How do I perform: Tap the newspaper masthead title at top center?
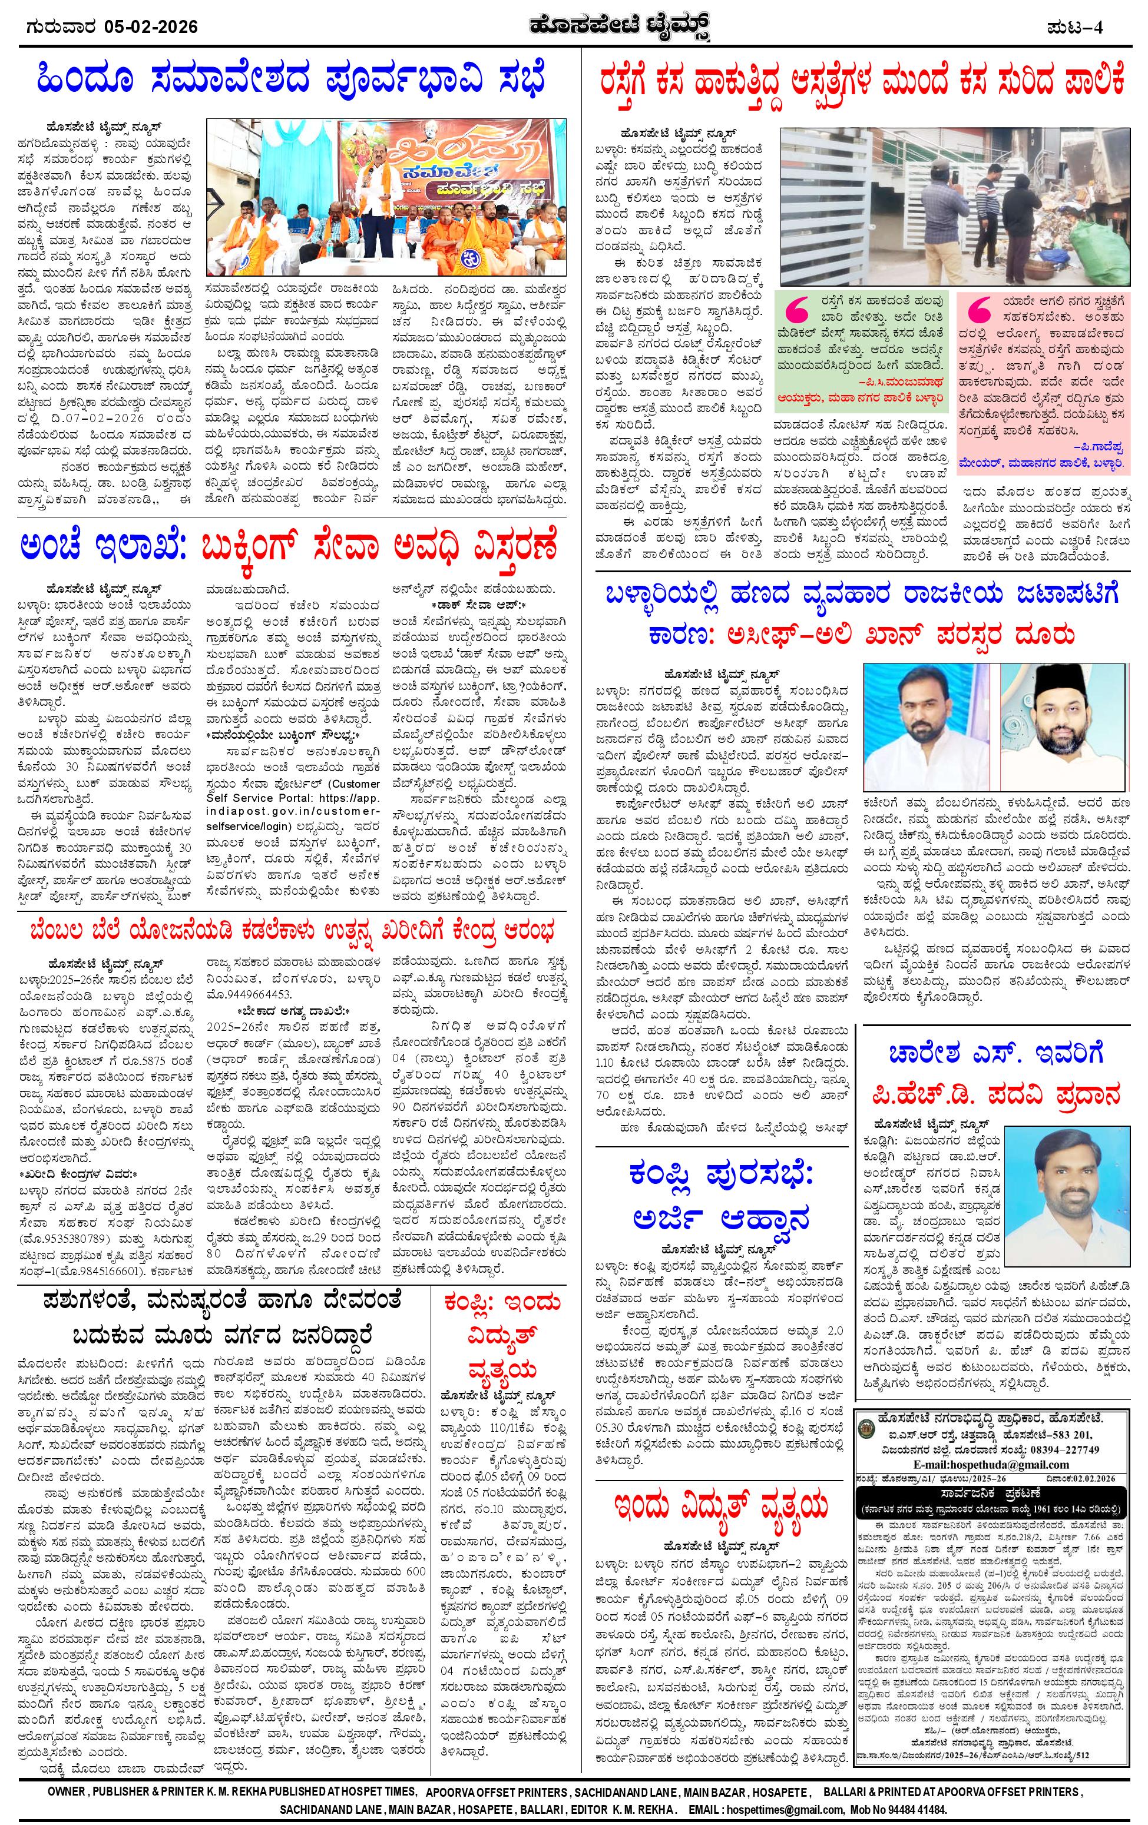(x=573, y=28)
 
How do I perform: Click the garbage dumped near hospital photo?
(x=952, y=205)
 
